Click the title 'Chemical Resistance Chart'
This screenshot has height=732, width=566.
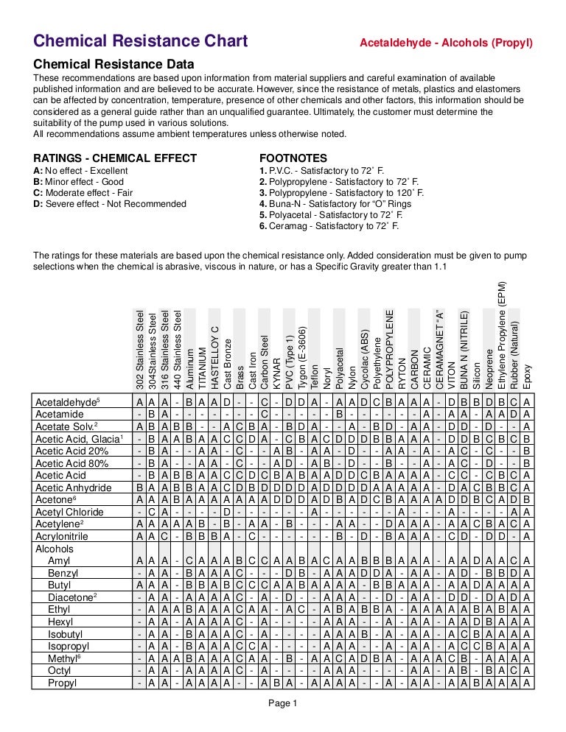tap(141, 41)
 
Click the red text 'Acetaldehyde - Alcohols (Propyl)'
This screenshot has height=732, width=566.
tap(445, 42)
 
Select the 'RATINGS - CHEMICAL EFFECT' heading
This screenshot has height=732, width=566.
tap(116, 158)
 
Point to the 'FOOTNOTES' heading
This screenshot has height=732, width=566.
tap(293, 158)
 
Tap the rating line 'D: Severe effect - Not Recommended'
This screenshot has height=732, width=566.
tap(110, 204)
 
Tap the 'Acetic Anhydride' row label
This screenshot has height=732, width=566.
tap(73, 488)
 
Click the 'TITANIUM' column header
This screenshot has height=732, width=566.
tap(203, 368)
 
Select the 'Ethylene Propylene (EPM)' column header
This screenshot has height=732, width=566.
tap(502, 335)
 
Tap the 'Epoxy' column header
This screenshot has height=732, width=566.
tap(527, 376)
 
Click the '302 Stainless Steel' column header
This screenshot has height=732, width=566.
tap(140, 349)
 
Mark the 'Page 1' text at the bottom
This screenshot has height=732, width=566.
tap(283, 703)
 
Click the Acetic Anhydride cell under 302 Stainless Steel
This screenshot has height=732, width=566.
tap(140, 488)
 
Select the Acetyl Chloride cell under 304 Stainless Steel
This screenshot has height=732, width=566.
tap(153, 511)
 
